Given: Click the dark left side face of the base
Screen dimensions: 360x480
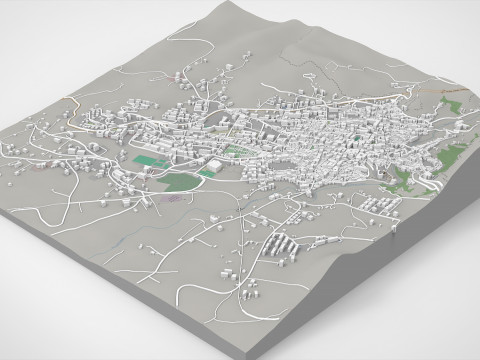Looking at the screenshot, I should coord(130,290).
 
